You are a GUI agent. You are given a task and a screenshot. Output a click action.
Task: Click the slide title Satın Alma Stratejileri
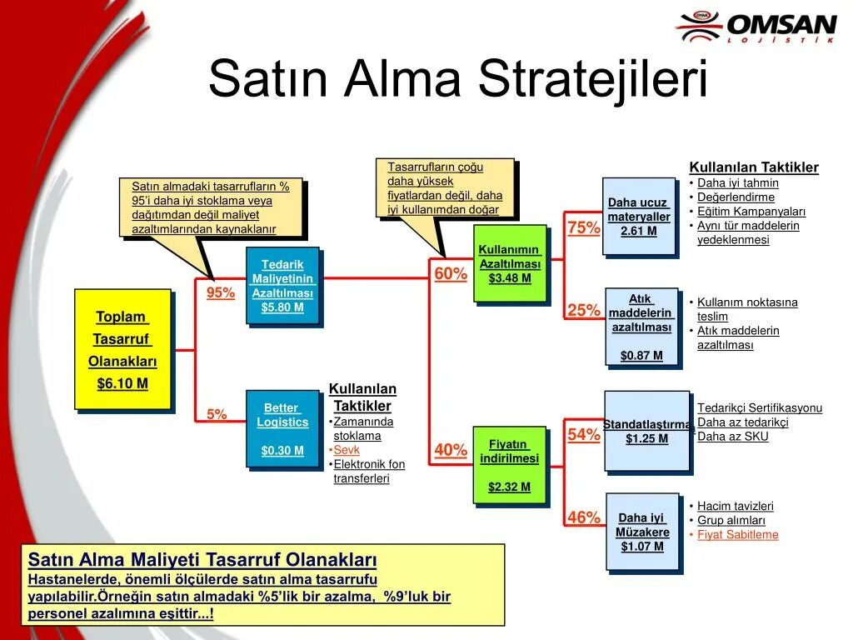[457, 79]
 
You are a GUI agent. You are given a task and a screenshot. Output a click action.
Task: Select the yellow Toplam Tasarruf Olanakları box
[122, 349]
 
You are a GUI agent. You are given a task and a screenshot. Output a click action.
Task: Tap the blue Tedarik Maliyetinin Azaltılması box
[282, 286]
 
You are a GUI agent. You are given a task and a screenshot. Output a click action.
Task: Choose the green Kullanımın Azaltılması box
[510, 263]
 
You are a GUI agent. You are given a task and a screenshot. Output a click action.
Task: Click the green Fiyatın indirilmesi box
[510, 465]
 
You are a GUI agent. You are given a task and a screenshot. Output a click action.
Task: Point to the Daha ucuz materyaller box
[639, 216]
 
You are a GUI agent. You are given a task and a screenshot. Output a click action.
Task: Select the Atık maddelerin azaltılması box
[641, 327]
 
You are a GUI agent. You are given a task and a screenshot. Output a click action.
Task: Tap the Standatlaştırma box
[647, 431]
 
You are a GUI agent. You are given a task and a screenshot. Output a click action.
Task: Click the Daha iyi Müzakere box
[642, 532]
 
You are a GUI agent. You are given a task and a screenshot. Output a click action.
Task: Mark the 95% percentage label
[221, 292]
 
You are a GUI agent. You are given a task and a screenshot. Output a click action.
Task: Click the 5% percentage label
[217, 414]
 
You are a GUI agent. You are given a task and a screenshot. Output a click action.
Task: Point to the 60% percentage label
[451, 274]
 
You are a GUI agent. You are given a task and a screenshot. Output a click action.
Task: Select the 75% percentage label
[584, 227]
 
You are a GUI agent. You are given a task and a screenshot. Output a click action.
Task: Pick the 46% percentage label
[584, 517]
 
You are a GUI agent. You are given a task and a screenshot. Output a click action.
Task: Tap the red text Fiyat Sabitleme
[737, 535]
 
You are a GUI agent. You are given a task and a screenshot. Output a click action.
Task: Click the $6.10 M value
[122, 383]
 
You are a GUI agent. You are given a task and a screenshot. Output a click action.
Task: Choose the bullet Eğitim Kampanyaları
[751, 212]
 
